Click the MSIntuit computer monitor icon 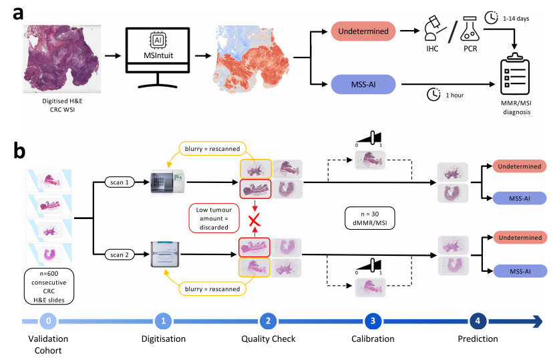[158, 54]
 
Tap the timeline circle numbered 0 [48, 321]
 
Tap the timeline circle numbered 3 [373, 321]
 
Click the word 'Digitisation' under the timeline [163, 339]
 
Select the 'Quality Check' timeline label [268, 339]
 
